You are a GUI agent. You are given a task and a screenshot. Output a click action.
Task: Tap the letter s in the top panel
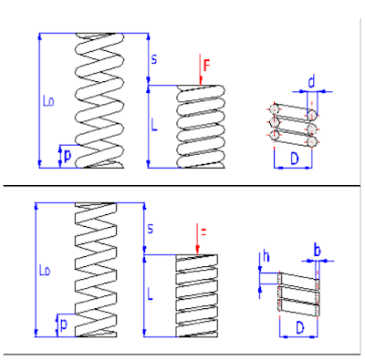[153, 58]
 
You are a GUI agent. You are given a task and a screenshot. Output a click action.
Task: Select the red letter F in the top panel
[207, 66]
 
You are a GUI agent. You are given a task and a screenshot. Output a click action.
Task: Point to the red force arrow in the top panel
[198, 71]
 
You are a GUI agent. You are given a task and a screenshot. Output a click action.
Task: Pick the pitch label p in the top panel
[67, 156]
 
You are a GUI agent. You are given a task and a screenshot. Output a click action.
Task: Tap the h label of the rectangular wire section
[266, 258]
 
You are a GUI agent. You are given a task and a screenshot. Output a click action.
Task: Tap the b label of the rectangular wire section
[317, 249]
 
